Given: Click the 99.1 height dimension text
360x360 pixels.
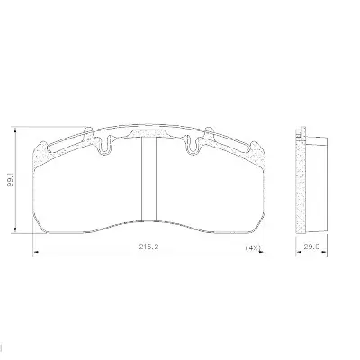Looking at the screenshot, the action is point(11,182).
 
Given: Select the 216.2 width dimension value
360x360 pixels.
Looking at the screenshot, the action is point(148,247).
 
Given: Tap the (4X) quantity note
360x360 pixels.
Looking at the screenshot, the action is point(252,248).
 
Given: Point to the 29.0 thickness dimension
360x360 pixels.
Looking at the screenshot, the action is point(311,247).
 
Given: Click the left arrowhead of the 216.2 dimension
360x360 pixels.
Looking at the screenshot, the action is point(35,253).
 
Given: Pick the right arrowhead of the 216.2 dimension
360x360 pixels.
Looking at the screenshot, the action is point(262,253).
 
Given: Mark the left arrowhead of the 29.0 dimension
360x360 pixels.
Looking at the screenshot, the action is point(299,253).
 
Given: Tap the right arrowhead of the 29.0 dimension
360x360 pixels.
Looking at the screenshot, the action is point(324,253).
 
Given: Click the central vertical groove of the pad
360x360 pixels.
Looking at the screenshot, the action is point(148,179).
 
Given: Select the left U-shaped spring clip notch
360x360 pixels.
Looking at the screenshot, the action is point(104,145).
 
